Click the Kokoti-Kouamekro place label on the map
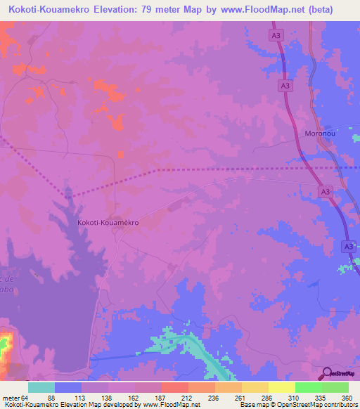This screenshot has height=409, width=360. [108, 222]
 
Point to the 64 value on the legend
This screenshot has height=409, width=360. [25, 398]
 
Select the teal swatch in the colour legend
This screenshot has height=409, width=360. [41, 387]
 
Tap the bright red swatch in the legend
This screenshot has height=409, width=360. [175, 387]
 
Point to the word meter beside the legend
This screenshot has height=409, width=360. [10, 398]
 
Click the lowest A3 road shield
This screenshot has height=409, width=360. [348, 247]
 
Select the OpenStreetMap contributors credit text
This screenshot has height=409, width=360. [309, 405]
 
